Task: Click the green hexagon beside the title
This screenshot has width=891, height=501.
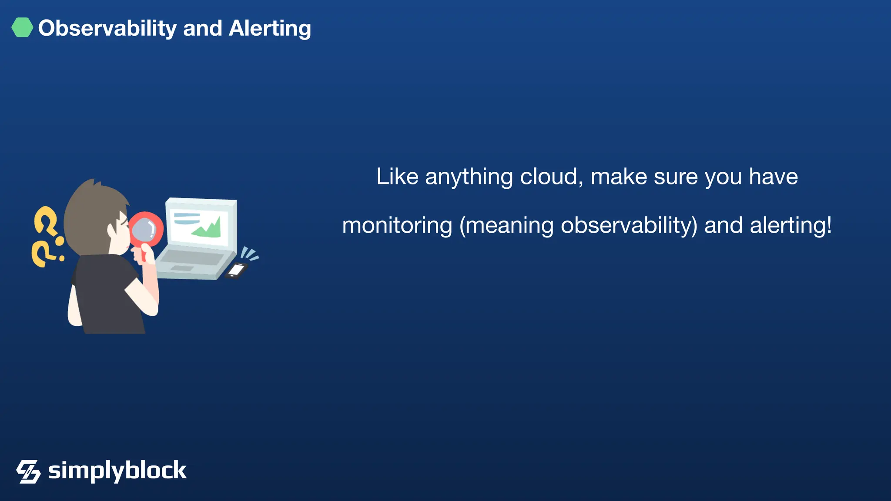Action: [x=22, y=27]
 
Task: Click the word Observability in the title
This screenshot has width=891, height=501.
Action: [x=107, y=29]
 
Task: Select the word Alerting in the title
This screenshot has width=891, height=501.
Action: [x=270, y=29]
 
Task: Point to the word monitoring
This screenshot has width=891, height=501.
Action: [x=397, y=226]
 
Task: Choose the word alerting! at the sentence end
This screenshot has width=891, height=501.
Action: [x=791, y=226]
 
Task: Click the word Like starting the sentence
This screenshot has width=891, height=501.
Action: [x=397, y=177]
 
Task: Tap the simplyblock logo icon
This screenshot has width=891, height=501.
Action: [x=29, y=471]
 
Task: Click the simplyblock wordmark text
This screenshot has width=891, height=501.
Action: [x=117, y=471]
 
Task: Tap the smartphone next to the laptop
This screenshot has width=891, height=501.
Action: [x=236, y=270]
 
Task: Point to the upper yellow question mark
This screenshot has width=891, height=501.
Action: [x=46, y=221]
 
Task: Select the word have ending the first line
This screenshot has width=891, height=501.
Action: [x=773, y=177]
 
